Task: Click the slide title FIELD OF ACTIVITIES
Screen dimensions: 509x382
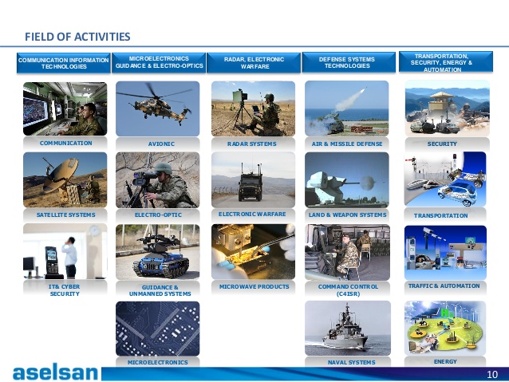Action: pyautogui.click(x=77, y=37)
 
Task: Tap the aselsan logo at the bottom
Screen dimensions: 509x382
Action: pyautogui.click(x=55, y=372)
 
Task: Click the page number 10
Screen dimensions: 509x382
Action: pyautogui.click(x=492, y=375)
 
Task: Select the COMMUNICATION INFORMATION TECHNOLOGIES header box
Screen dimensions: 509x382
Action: pyautogui.click(x=64, y=63)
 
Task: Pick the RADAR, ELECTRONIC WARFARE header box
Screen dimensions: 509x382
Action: pyautogui.click(x=254, y=63)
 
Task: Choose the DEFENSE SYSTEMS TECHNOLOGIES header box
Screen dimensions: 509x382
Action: pyautogui.click(x=347, y=62)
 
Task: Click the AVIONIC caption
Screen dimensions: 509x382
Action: pyautogui.click(x=161, y=144)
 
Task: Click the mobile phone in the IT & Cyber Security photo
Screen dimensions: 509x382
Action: pyautogui.click(x=51, y=261)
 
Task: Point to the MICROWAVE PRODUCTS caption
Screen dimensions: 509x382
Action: pyautogui.click(x=254, y=286)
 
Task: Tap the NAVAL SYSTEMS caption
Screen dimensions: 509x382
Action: pyautogui.click(x=352, y=362)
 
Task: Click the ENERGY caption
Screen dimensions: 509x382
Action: pyautogui.click(x=445, y=361)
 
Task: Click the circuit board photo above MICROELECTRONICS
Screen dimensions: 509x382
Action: pyautogui.click(x=158, y=329)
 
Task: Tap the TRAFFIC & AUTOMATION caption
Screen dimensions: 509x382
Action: pyautogui.click(x=444, y=286)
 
